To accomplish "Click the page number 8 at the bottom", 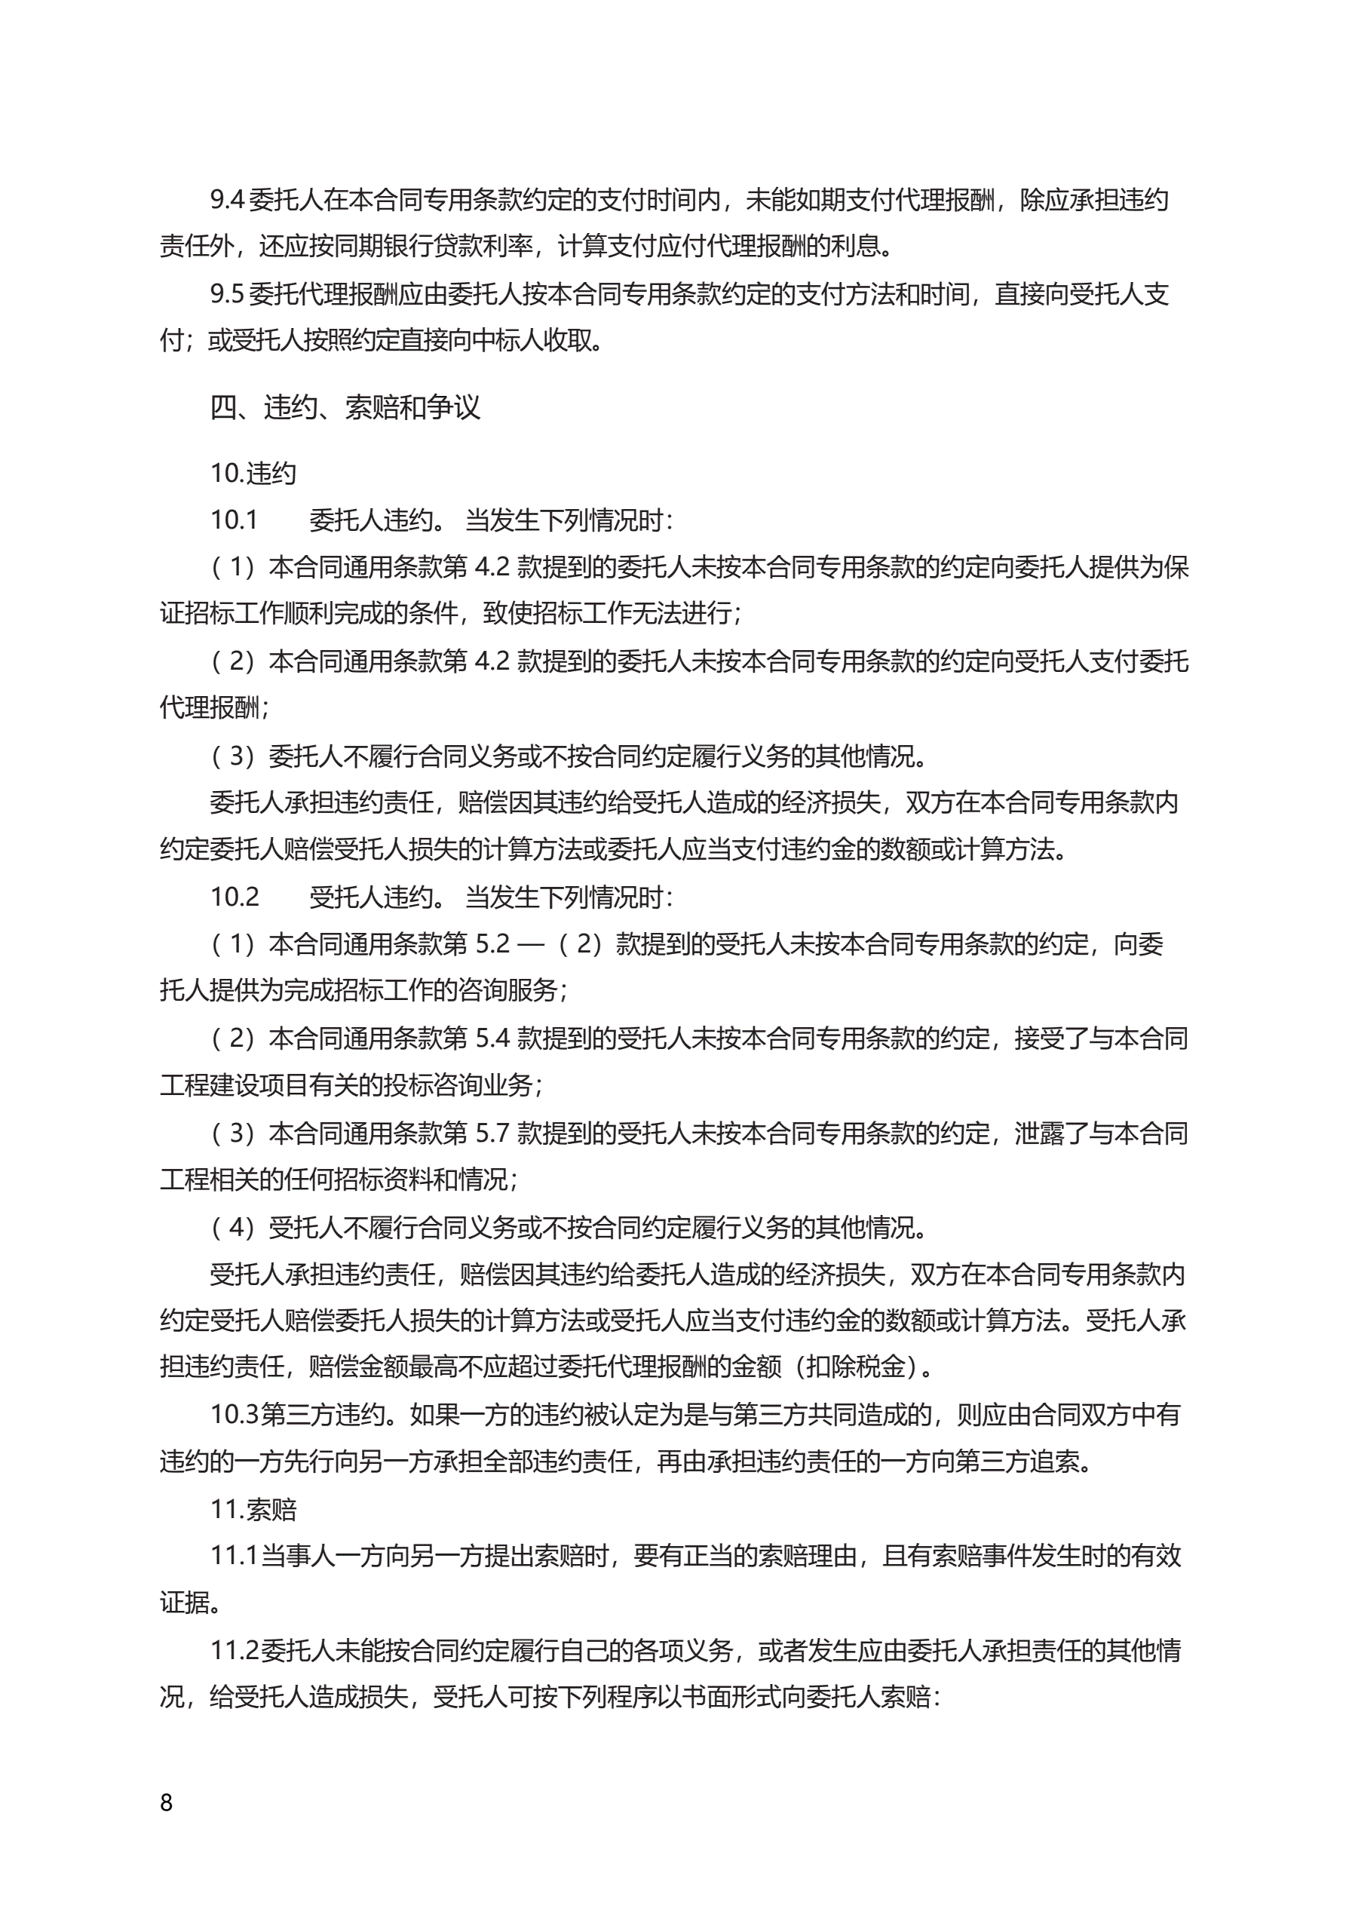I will pyautogui.click(x=166, y=1802).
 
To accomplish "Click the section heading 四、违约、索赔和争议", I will pyautogui.click(x=345, y=407).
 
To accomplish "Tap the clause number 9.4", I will pyautogui.click(x=226, y=200).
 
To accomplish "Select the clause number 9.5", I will pyautogui.click(x=226, y=293).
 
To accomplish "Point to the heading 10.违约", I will pyautogui.click(x=253, y=473).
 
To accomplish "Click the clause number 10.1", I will pyautogui.click(x=234, y=520).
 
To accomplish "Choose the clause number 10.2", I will pyautogui.click(x=234, y=897).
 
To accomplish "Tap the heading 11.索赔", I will pyautogui.click(x=253, y=1509).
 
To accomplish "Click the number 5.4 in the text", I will pyautogui.click(x=492, y=1038).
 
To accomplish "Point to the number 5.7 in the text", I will pyautogui.click(x=492, y=1133).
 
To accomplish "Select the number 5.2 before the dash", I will pyautogui.click(x=492, y=944).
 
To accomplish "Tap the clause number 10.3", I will pyautogui.click(x=234, y=1415).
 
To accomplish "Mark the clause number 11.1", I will pyautogui.click(x=234, y=1556).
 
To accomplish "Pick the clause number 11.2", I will pyautogui.click(x=234, y=1650).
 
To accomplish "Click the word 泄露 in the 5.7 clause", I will pyautogui.click(x=1039, y=1133).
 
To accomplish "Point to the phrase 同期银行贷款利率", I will pyautogui.click(x=432, y=247).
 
